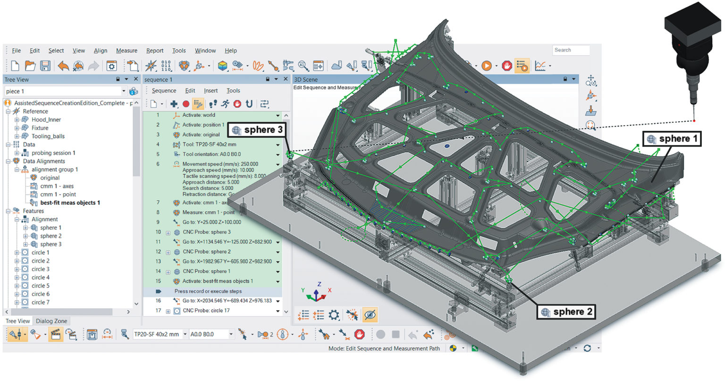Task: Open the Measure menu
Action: pyautogui.click(x=126, y=51)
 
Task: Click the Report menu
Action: pyautogui.click(x=154, y=51)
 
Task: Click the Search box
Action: pyautogui.click(x=571, y=50)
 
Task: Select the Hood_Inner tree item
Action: pyautogui.click(x=46, y=119)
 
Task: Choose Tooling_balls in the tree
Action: pyautogui.click(x=48, y=136)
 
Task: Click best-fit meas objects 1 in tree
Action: pyautogui.click(x=70, y=203)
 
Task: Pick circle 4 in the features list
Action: pyautogui.click(x=40, y=277)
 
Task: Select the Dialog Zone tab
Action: pyautogui.click(x=51, y=321)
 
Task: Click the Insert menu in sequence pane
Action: pyautogui.click(x=211, y=91)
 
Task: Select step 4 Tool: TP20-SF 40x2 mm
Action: pyautogui.click(x=209, y=144)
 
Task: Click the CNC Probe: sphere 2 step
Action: pyautogui.click(x=206, y=252)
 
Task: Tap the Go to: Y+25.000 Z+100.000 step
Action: pyautogui.click(x=211, y=222)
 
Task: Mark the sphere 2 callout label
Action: pyautogui.click(x=567, y=312)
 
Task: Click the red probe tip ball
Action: pyautogui.click(x=694, y=121)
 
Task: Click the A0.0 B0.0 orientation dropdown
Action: pyautogui.click(x=211, y=334)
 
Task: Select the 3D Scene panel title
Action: pyautogui.click(x=305, y=79)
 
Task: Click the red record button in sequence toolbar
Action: pyautogui.click(x=186, y=104)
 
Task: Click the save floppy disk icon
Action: pyautogui.click(x=45, y=66)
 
